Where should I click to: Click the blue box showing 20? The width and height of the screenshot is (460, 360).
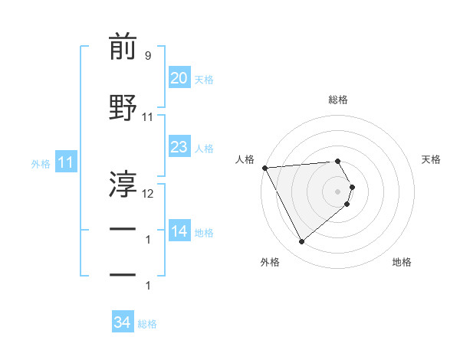pyautogui.click(x=179, y=77)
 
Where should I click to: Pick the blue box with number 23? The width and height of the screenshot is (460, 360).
pyautogui.click(x=179, y=146)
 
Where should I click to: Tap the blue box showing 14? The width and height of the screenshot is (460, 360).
pyautogui.click(x=179, y=231)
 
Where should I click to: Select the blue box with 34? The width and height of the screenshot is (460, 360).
pyautogui.click(x=122, y=322)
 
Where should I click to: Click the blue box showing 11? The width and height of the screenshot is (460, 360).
pyautogui.click(x=65, y=162)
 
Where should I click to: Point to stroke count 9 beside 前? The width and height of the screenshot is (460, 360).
pyautogui.click(x=147, y=56)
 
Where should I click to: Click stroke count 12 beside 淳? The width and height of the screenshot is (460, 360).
pyautogui.click(x=148, y=194)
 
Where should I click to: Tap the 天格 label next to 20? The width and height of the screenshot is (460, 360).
pyautogui.click(x=204, y=80)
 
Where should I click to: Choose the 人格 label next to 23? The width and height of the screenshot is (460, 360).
pyautogui.click(x=204, y=149)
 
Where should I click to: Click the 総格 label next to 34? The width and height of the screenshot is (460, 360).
pyautogui.click(x=147, y=325)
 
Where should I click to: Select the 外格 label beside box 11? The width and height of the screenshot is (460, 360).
pyautogui.click(x=41, y=164)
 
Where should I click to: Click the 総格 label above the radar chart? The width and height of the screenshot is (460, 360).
pyautogui.click(x=338, y=100)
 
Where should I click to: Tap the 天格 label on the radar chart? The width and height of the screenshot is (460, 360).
pyautogui.click(x=432, y=159)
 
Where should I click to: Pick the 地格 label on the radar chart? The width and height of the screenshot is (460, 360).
pyautogui.click(x=402, y=262)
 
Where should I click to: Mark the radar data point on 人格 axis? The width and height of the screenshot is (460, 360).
pyautogui.click(x=264, y=168)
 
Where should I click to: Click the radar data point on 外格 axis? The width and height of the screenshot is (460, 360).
pyautogui.click(x=301, y=241)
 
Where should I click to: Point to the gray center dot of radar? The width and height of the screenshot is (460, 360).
pyautogui.click(x=338, y=191)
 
